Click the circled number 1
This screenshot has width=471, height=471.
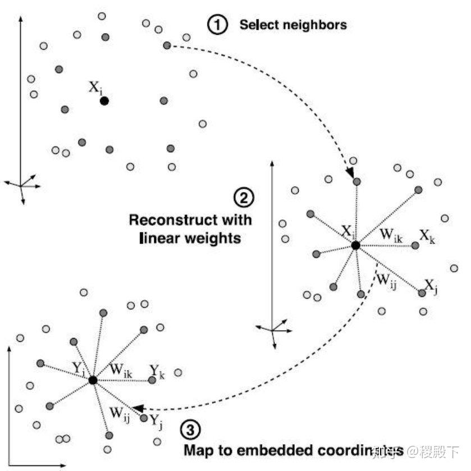(216, 25)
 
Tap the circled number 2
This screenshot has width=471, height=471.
(244, 197)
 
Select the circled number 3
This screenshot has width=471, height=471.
(190, 430)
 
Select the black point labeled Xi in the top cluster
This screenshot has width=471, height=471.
(104, 101)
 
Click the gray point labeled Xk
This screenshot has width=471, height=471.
(415, 245)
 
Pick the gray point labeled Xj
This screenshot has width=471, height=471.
(422, 293)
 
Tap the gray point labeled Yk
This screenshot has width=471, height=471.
(152, 380)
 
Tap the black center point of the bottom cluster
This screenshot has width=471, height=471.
(93, 380)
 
